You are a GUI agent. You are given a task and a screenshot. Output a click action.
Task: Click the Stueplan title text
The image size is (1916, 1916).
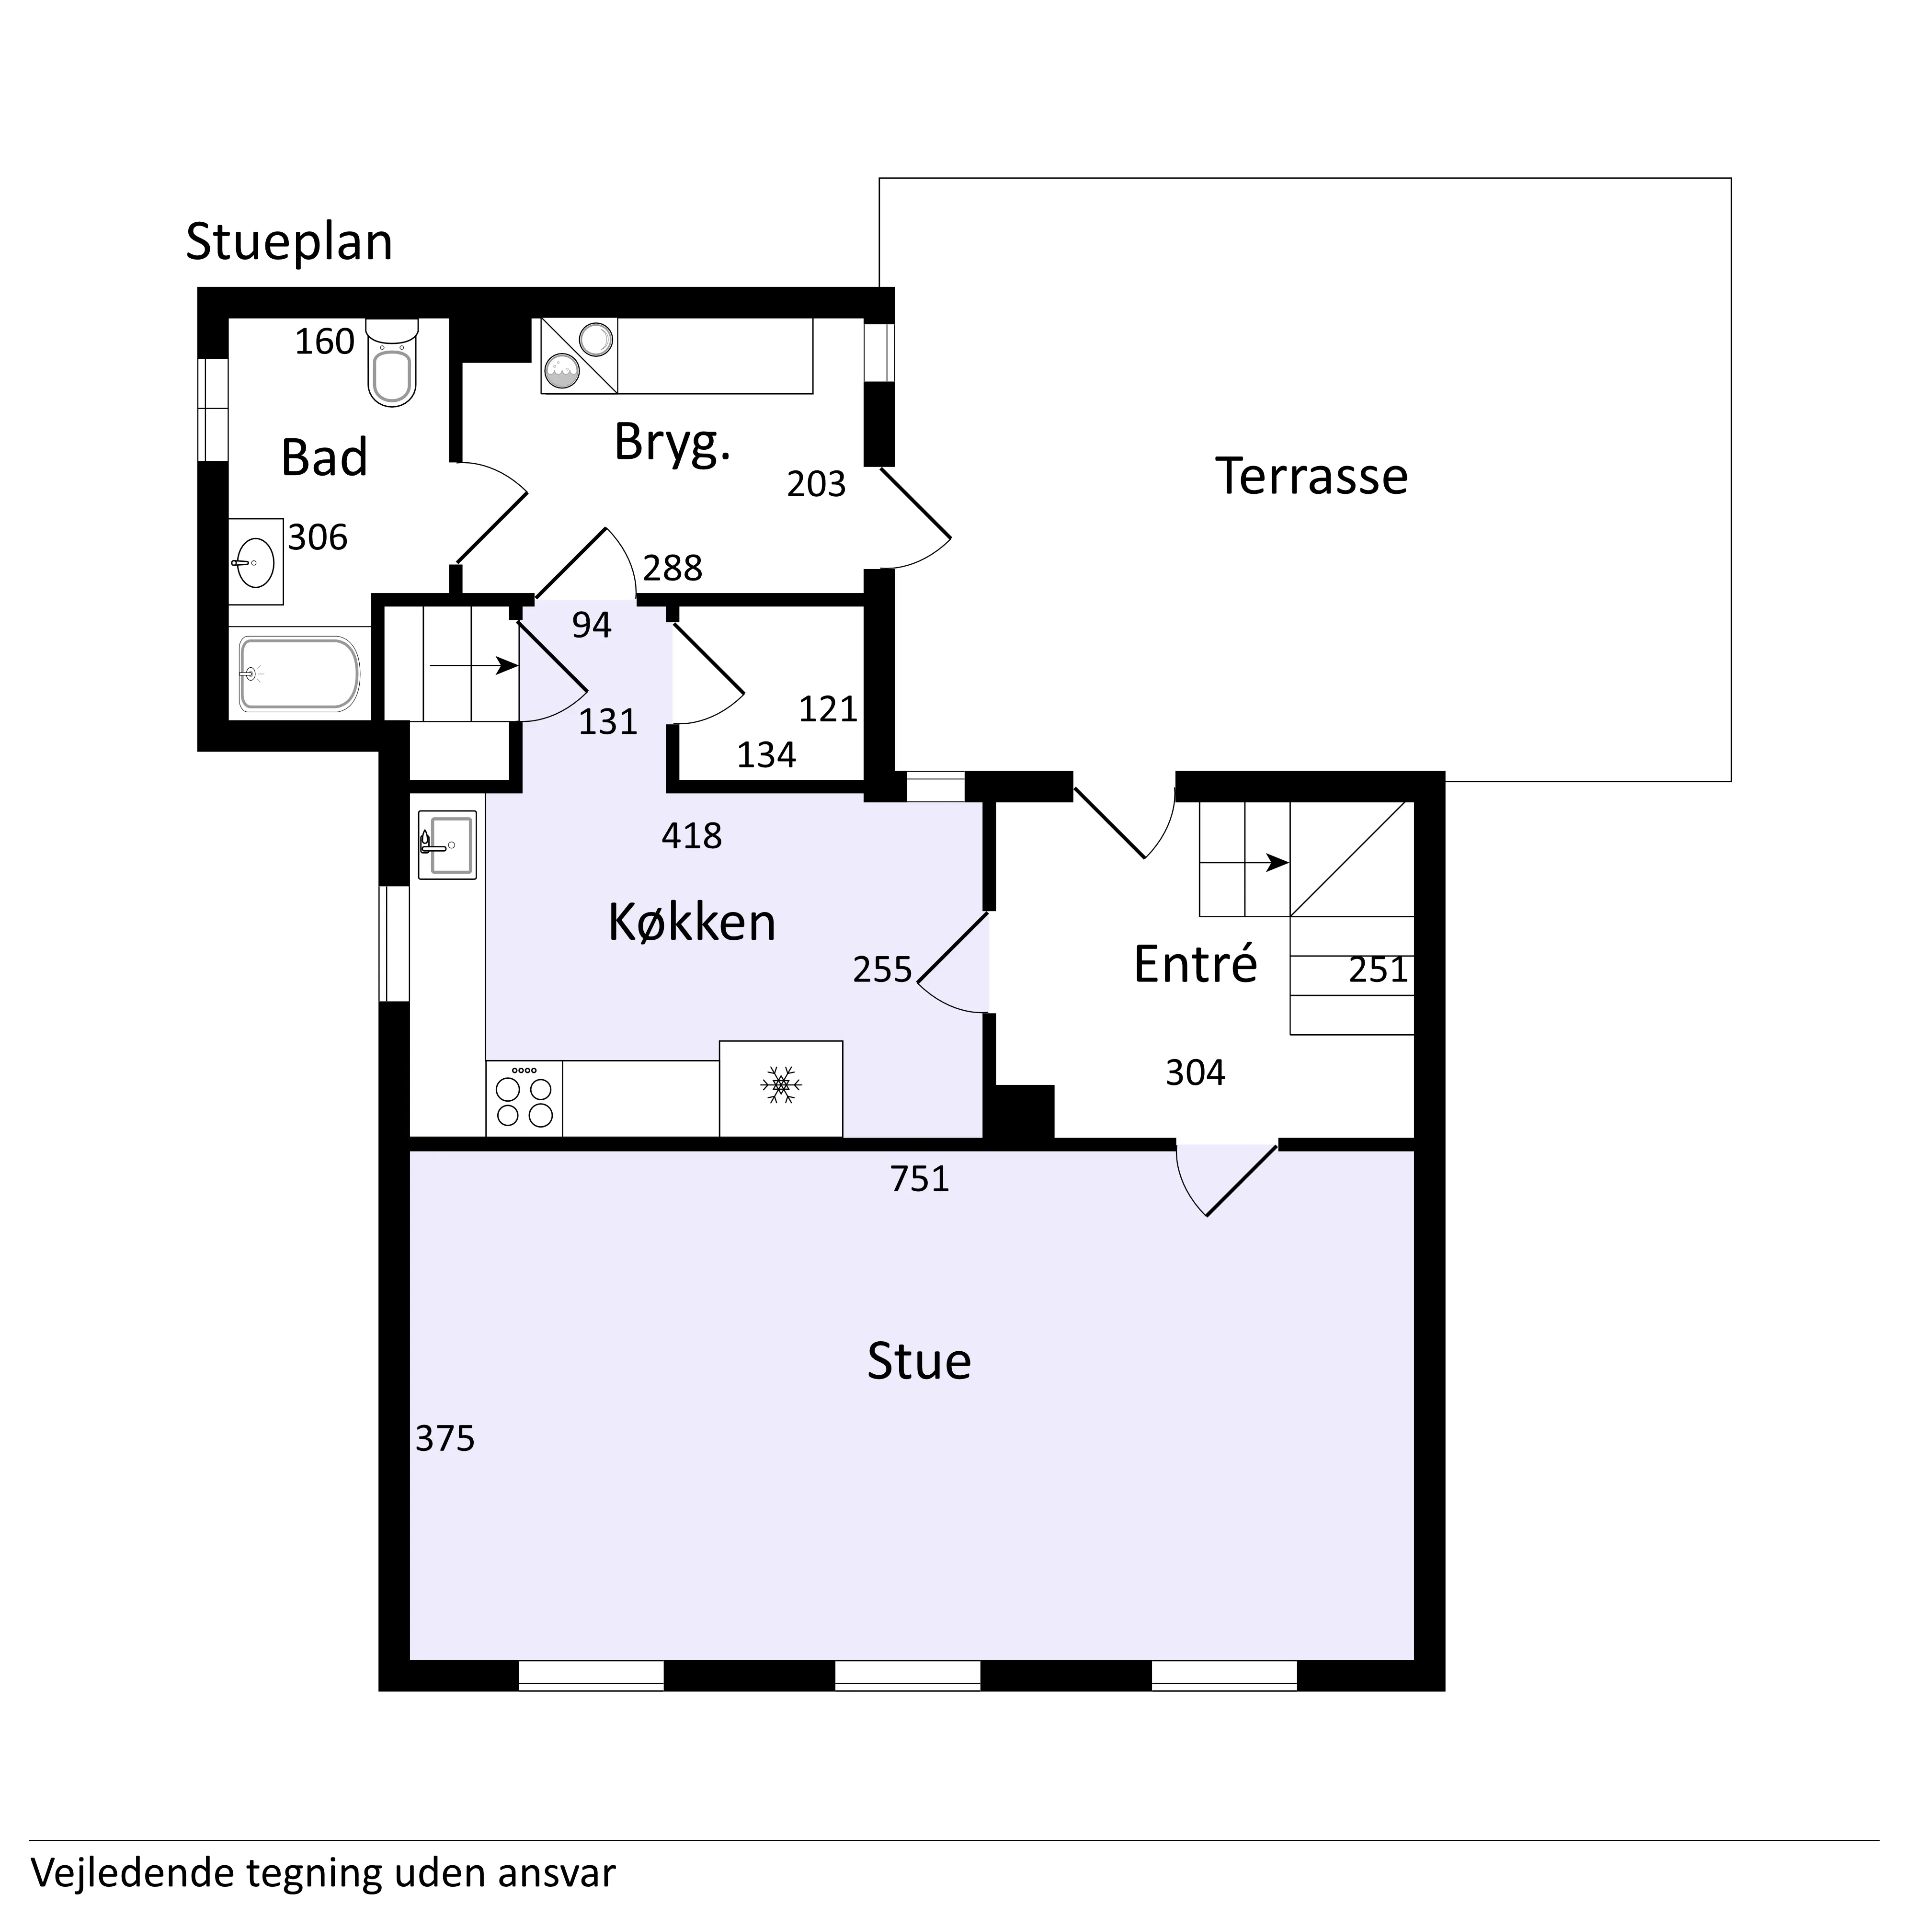coord(288,242)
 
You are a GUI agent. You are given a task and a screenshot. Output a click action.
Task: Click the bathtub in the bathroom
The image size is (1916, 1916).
coord(298,674)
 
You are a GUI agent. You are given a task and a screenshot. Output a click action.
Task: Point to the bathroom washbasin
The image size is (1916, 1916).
coord(256,562)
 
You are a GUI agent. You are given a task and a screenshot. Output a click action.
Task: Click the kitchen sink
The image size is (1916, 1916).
coord(447,845)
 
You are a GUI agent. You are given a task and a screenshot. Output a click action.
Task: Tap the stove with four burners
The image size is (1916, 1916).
coord(524,1099)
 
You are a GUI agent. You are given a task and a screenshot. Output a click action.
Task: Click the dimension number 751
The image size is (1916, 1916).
coord(919,1179)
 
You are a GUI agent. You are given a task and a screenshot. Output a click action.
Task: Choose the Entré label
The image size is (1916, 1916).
coord(1195,964)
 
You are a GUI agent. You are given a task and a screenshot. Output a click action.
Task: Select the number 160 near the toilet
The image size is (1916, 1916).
coord(324,342)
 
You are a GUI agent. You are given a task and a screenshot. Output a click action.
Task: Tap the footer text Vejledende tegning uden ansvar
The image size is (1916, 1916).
coord(323,1873)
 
